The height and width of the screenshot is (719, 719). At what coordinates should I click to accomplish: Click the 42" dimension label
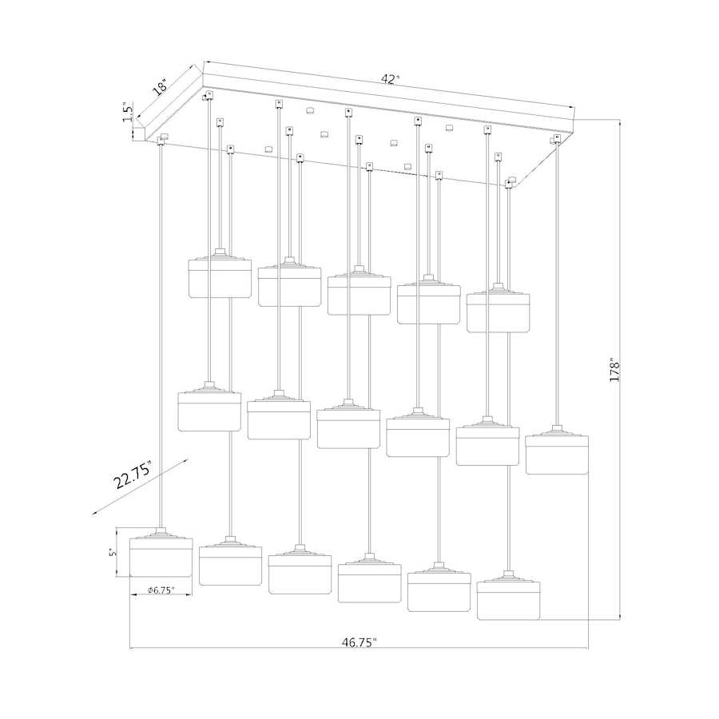389,79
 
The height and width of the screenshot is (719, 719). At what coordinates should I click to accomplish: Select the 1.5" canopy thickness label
128,111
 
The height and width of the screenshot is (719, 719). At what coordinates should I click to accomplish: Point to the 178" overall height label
614,370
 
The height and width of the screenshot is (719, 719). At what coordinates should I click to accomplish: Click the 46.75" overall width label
359,642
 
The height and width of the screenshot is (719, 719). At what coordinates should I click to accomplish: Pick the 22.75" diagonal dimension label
133,475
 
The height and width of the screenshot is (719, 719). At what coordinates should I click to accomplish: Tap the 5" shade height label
112,553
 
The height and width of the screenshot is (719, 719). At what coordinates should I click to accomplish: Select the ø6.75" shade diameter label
161,590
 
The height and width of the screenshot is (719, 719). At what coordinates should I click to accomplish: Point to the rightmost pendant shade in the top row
498,308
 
